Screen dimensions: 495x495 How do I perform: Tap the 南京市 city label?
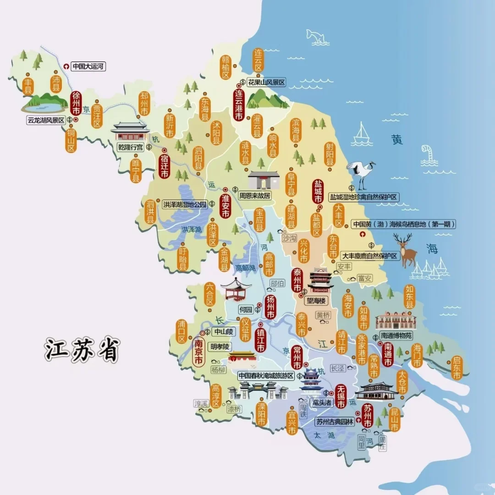click(198, 352)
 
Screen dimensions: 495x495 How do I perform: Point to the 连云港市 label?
click(238, 105)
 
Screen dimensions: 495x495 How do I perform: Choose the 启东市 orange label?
click(456, 368)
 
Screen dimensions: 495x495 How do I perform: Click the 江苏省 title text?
click(82, 350)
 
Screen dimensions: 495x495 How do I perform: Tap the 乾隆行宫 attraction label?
click(131, 147)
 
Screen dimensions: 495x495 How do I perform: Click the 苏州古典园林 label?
click(335, 422)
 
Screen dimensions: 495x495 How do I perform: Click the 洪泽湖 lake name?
click(191, 229)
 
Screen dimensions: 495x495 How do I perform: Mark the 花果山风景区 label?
click(266, 82)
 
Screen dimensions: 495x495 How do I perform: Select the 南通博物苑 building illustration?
click(396, 320)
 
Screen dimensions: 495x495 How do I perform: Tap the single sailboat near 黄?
click(363, 132)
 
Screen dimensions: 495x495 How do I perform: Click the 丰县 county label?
click(28, 86)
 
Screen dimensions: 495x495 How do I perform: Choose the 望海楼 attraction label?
click(316, 301)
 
